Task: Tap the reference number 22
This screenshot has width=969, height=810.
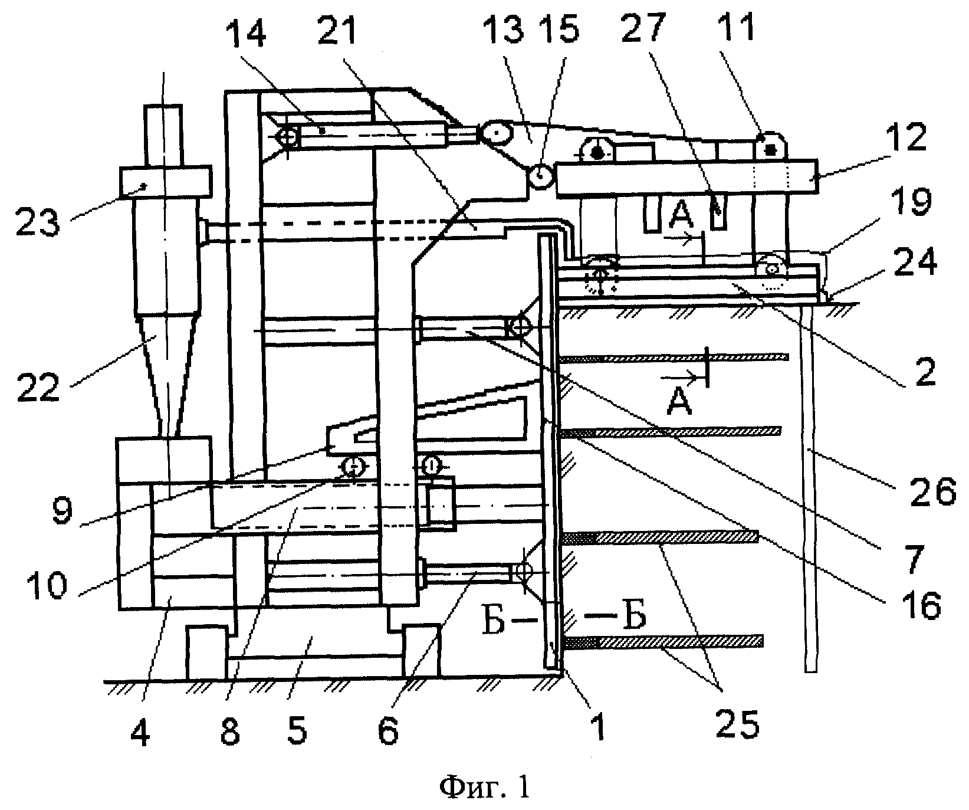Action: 38,387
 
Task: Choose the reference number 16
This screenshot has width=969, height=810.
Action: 903,604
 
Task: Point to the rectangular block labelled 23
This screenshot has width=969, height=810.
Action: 166,182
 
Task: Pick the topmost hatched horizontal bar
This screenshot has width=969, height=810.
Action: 675,358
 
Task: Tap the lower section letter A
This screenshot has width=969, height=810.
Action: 681,404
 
